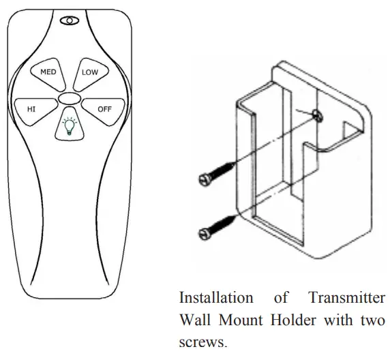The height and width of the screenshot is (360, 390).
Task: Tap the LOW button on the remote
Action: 89,72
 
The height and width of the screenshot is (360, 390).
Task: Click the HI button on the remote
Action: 32,108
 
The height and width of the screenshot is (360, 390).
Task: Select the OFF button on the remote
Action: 104,108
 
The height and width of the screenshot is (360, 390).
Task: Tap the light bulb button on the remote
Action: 68,125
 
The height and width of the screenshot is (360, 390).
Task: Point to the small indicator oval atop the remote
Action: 69,22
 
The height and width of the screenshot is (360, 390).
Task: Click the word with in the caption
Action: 337,320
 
